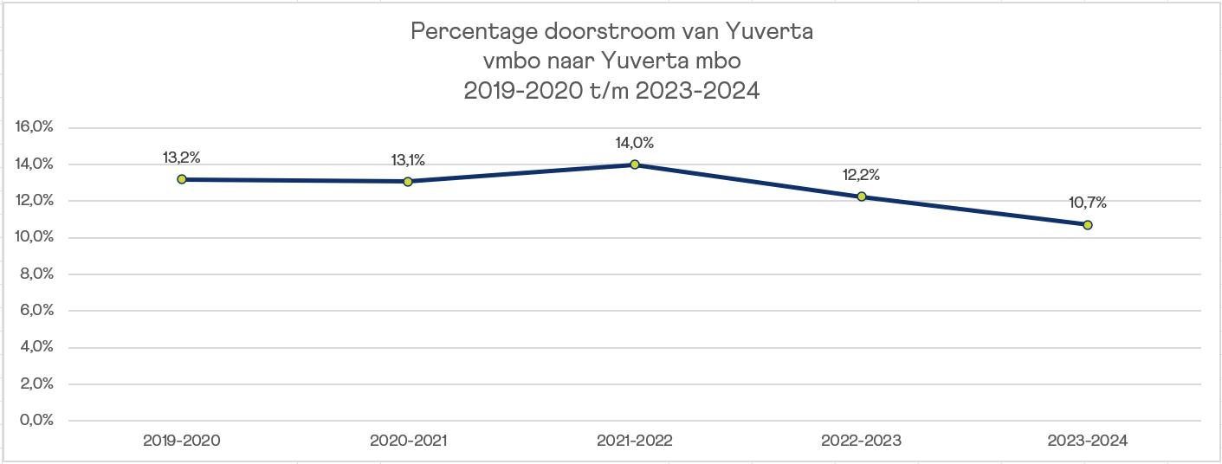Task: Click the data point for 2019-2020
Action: point(182,179)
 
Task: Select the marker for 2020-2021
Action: point(408,182)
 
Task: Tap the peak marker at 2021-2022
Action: point(635,164)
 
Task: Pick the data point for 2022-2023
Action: point(862,197)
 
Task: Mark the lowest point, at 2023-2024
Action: point(1087,224)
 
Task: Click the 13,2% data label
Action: point(182,158)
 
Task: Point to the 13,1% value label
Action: point(408,160)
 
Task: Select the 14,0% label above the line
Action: point(635,143)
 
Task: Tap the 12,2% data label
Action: point(862,175)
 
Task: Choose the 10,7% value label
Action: point(1087,203)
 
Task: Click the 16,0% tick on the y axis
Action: point(34,126)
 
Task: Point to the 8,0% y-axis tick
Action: point(36,274)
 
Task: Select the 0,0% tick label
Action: point(36,420)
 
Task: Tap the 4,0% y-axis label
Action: point(36,347)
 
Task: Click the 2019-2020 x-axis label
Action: point(182,441)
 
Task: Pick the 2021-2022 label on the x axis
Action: point(635,441)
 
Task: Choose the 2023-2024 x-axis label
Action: point(1087,441)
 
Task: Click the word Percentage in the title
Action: point(474,32)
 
